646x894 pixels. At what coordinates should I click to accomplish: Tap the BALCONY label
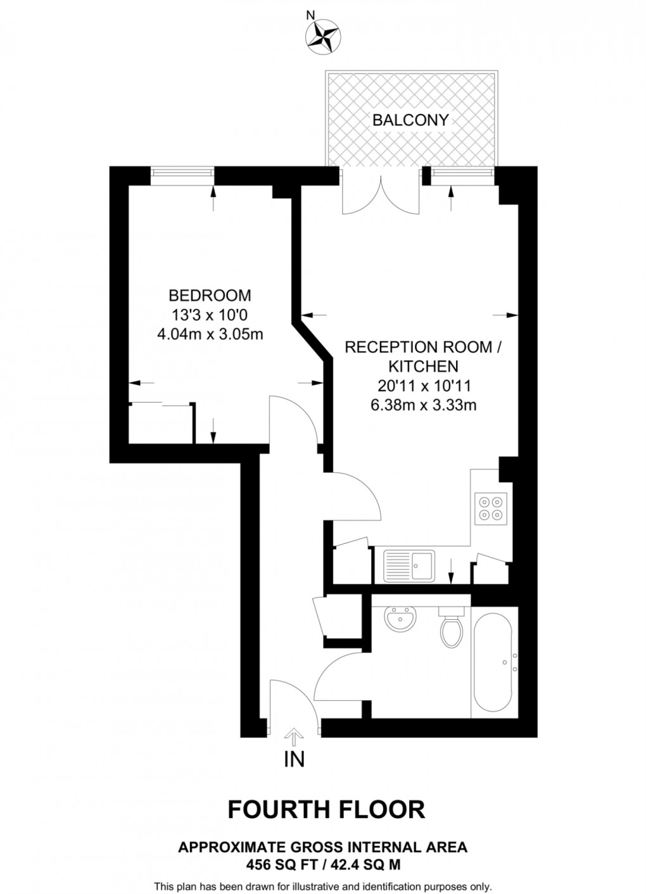tap(410, 120)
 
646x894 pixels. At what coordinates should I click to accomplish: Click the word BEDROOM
tap(210, 295)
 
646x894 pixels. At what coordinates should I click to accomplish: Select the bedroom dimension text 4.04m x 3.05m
tap(210, 333)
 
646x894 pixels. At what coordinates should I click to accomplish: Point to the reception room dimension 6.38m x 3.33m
tap(423, 405)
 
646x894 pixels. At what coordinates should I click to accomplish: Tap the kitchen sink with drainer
tap(409, 565)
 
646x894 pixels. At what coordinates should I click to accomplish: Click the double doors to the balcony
tap(380, 193)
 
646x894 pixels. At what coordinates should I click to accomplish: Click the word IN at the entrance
tap(294, 759)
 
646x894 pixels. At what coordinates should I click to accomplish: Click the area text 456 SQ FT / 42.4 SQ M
tap(323, 864)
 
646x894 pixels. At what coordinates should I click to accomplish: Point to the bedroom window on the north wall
tap(182, 175)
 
